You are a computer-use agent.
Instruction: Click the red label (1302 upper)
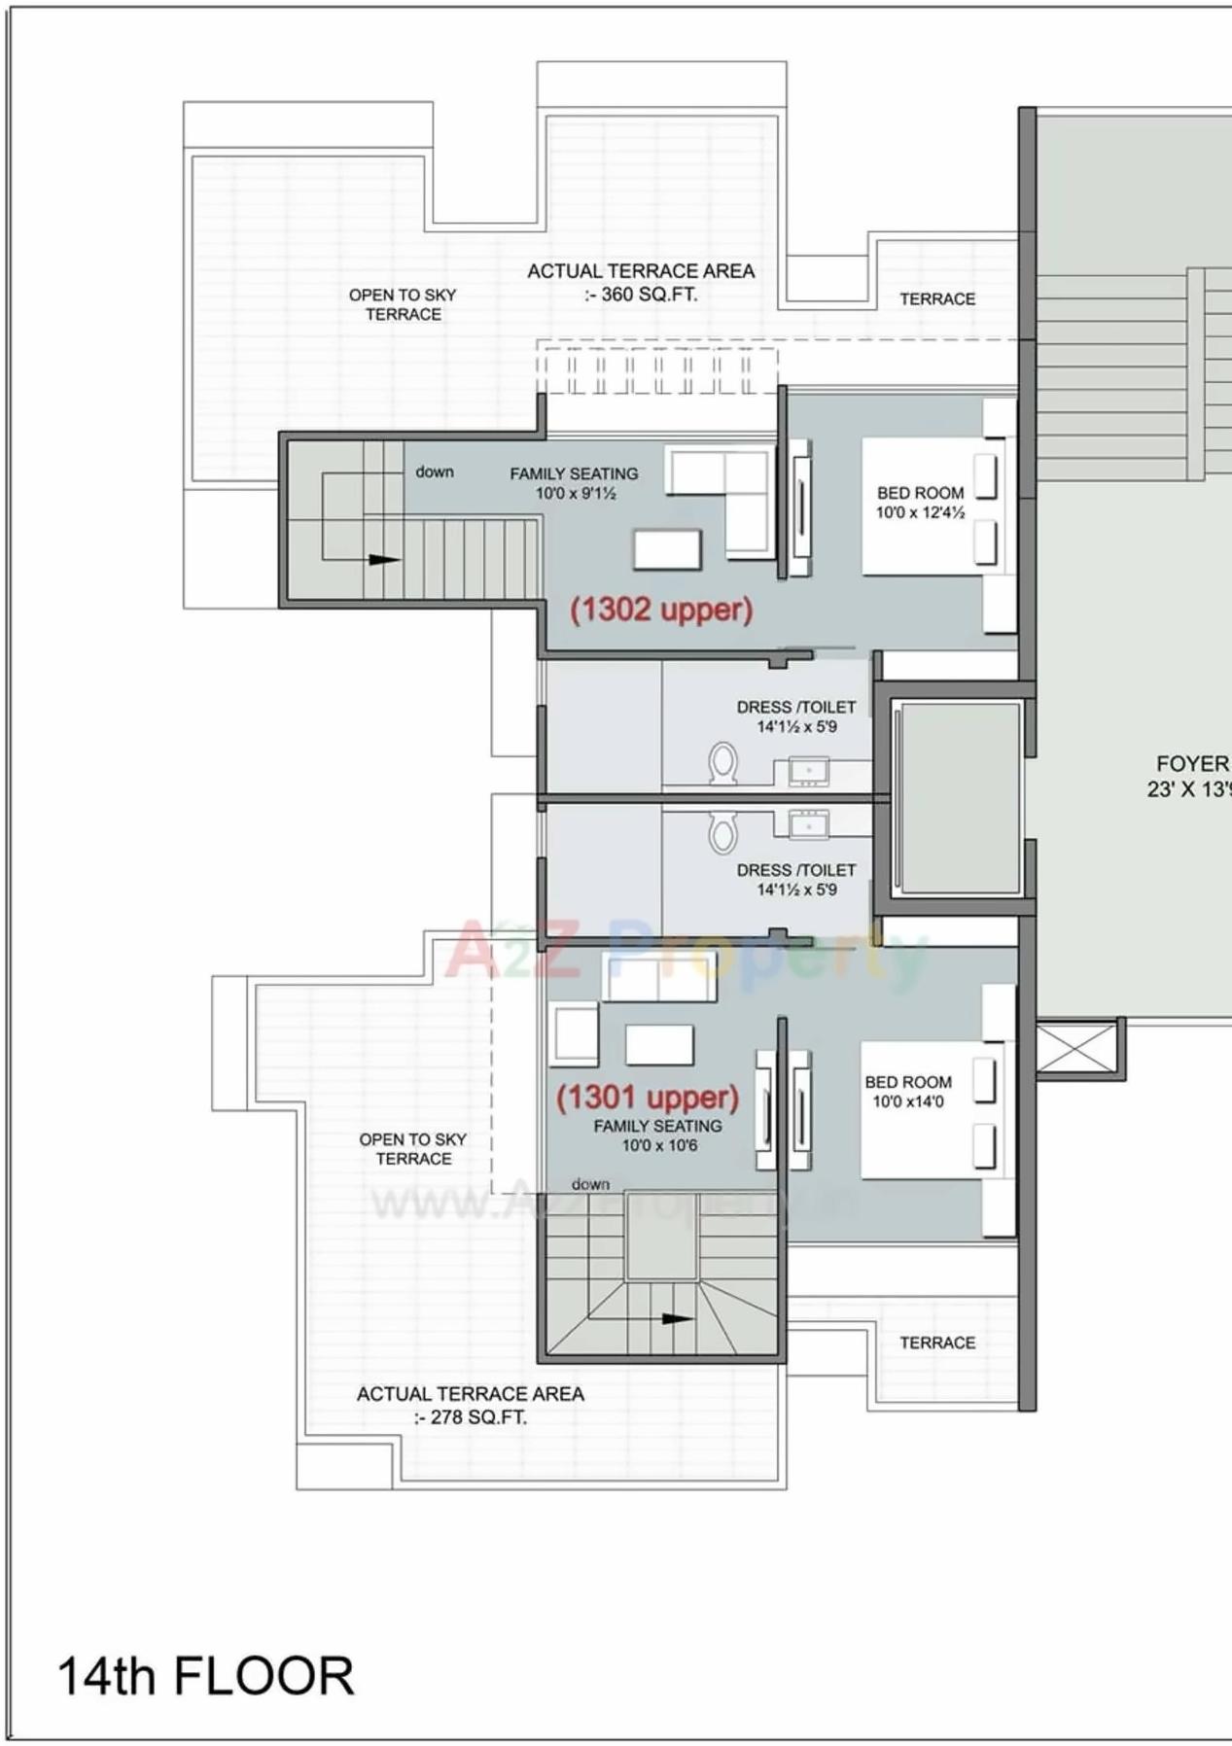click(x=661, y=610)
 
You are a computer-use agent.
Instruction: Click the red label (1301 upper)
click(x=647, y=1098)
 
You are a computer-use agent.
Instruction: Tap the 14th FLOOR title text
click(x=205, y=1676)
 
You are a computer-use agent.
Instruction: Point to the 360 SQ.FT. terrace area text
click(x=641, y=294)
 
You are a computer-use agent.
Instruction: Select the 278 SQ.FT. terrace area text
click(x=471, y=1416)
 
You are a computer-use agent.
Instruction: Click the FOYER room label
click(x=1191, y=764)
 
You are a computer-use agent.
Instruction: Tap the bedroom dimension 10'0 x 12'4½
click(x=919, y=512)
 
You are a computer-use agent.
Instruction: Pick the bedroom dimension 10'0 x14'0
click(x=907, y=1101)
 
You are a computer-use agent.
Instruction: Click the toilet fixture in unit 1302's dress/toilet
click(x=722, y=763)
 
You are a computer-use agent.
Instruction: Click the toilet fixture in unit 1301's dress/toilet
click(x=722, y=831)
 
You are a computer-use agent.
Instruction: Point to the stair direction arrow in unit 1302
click(x=383, y=560)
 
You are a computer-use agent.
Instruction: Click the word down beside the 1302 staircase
click(x=435, y=471)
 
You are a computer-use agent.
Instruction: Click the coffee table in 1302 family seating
click(x=667, y=549)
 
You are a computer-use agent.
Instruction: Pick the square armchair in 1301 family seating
click(x=576, y=1033)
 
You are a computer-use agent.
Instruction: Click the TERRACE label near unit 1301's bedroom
click(x=936, y=1343)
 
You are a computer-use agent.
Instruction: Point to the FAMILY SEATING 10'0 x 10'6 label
click(x=657, y=1135)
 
